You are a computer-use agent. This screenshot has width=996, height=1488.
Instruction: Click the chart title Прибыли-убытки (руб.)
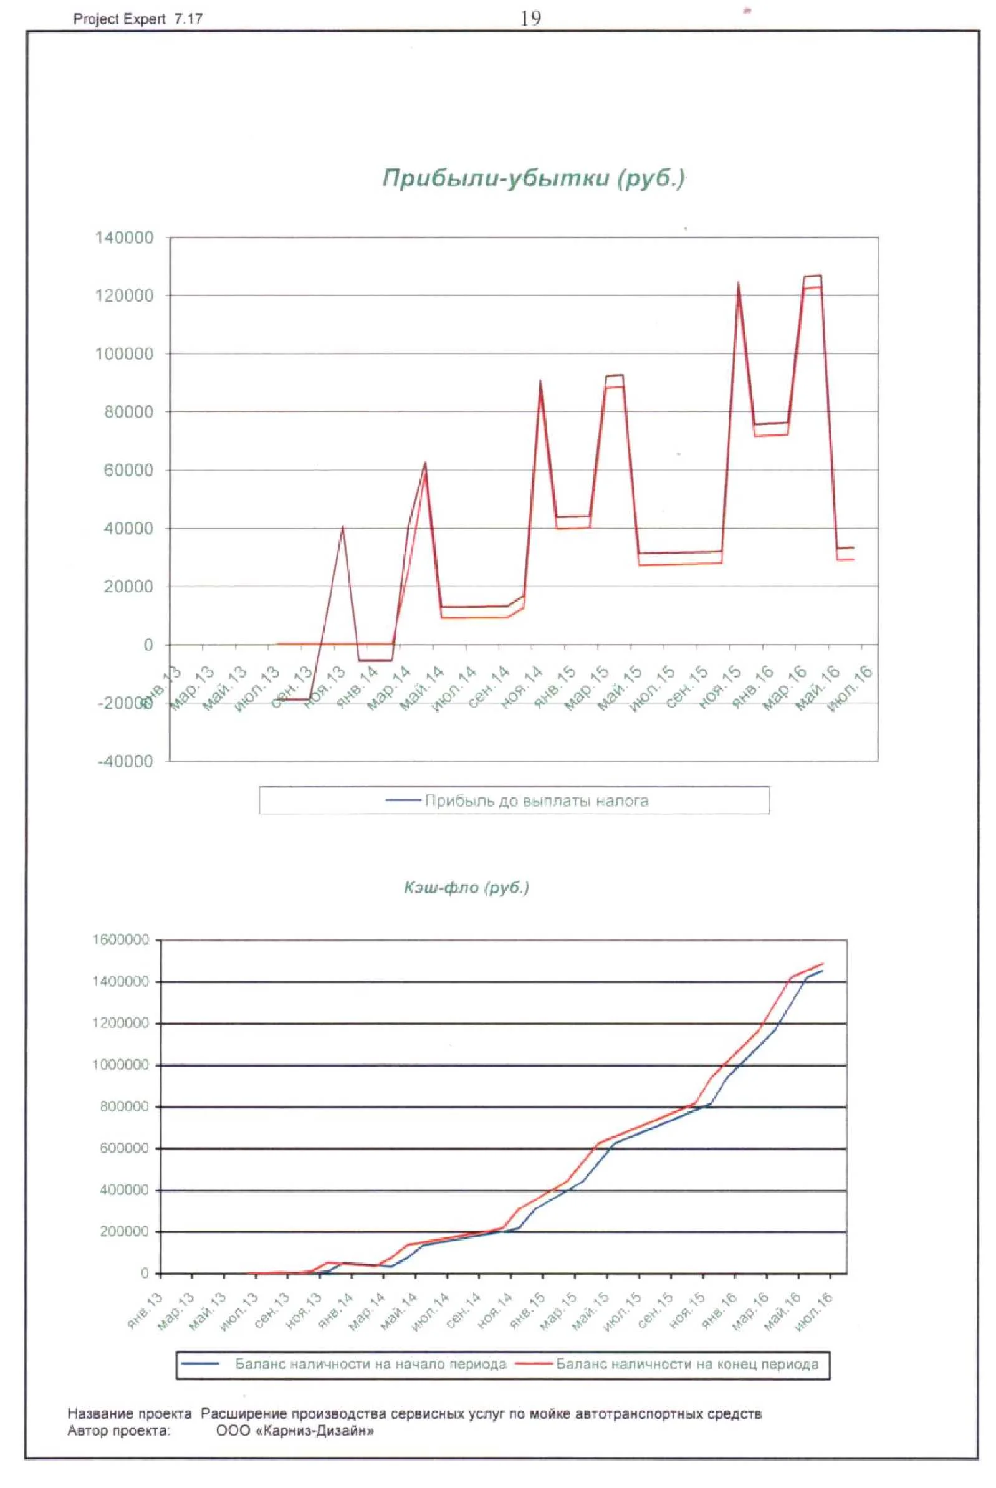coord(534,178)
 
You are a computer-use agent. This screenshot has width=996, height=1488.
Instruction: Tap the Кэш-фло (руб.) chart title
coord(466,888)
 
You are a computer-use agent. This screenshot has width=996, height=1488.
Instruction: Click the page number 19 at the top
coord(530,19)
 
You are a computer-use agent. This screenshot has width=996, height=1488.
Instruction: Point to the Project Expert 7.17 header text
coord(138,19)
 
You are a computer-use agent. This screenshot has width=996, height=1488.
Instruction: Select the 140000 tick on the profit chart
coord(125,238)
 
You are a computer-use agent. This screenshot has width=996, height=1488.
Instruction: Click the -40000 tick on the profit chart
coord(125,762)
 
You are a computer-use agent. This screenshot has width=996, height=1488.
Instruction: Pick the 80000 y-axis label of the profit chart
coord(128,412)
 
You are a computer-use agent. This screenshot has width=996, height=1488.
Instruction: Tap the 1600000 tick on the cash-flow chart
coord(121,939)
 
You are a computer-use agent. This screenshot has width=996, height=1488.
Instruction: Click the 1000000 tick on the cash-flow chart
coord(121,1065)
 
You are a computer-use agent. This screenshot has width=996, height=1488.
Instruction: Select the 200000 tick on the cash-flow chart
coord(125,1231)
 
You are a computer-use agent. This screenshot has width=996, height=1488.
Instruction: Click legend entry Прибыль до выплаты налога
coord(536,800)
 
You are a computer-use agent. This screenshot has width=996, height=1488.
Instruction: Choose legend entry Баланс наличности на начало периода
coord(370,1364)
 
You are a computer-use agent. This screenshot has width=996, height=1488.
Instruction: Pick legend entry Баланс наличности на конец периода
coord(687,1364)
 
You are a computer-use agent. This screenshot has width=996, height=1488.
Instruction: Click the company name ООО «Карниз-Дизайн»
coord(295,1431)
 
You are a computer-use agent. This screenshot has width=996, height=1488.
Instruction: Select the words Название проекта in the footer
coord(130,1414)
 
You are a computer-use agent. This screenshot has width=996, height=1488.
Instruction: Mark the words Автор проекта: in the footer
coord(119,1431)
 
